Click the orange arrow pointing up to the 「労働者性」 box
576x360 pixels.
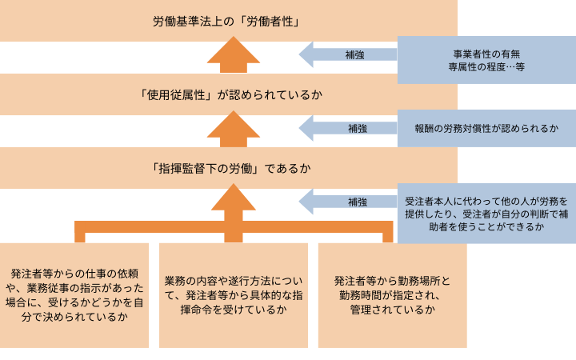(228, 56)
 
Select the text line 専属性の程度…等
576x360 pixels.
(486, 67)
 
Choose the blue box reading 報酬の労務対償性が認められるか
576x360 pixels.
(486, 128)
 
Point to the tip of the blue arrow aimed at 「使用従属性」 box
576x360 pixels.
(301, 128)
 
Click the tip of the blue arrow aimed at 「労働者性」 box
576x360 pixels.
(301, 54)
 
